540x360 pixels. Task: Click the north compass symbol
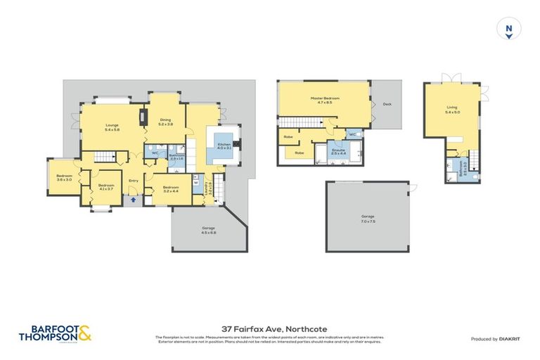pyautogui.click(x=508, y=30)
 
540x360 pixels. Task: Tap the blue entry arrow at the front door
pyautogui.click(x=134, y=200)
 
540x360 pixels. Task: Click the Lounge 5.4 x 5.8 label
pyautogui.click(x=112, y=128)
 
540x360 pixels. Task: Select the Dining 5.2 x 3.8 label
pyautogui.click(x=165, y=121)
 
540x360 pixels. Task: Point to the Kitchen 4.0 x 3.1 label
pyautogui.click(x=223, y=146)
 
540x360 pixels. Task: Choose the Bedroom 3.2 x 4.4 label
pyautogui.click(x=170, y=188)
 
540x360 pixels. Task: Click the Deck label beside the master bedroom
pyautogui.click(x=387, y=105)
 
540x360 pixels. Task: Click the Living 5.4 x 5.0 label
pyautogui.click(x=451, y=109)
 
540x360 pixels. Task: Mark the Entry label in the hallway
pyautogui.click(x=134, y=181)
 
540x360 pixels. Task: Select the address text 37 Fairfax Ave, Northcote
pyautogui.click(x=269, y=328)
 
